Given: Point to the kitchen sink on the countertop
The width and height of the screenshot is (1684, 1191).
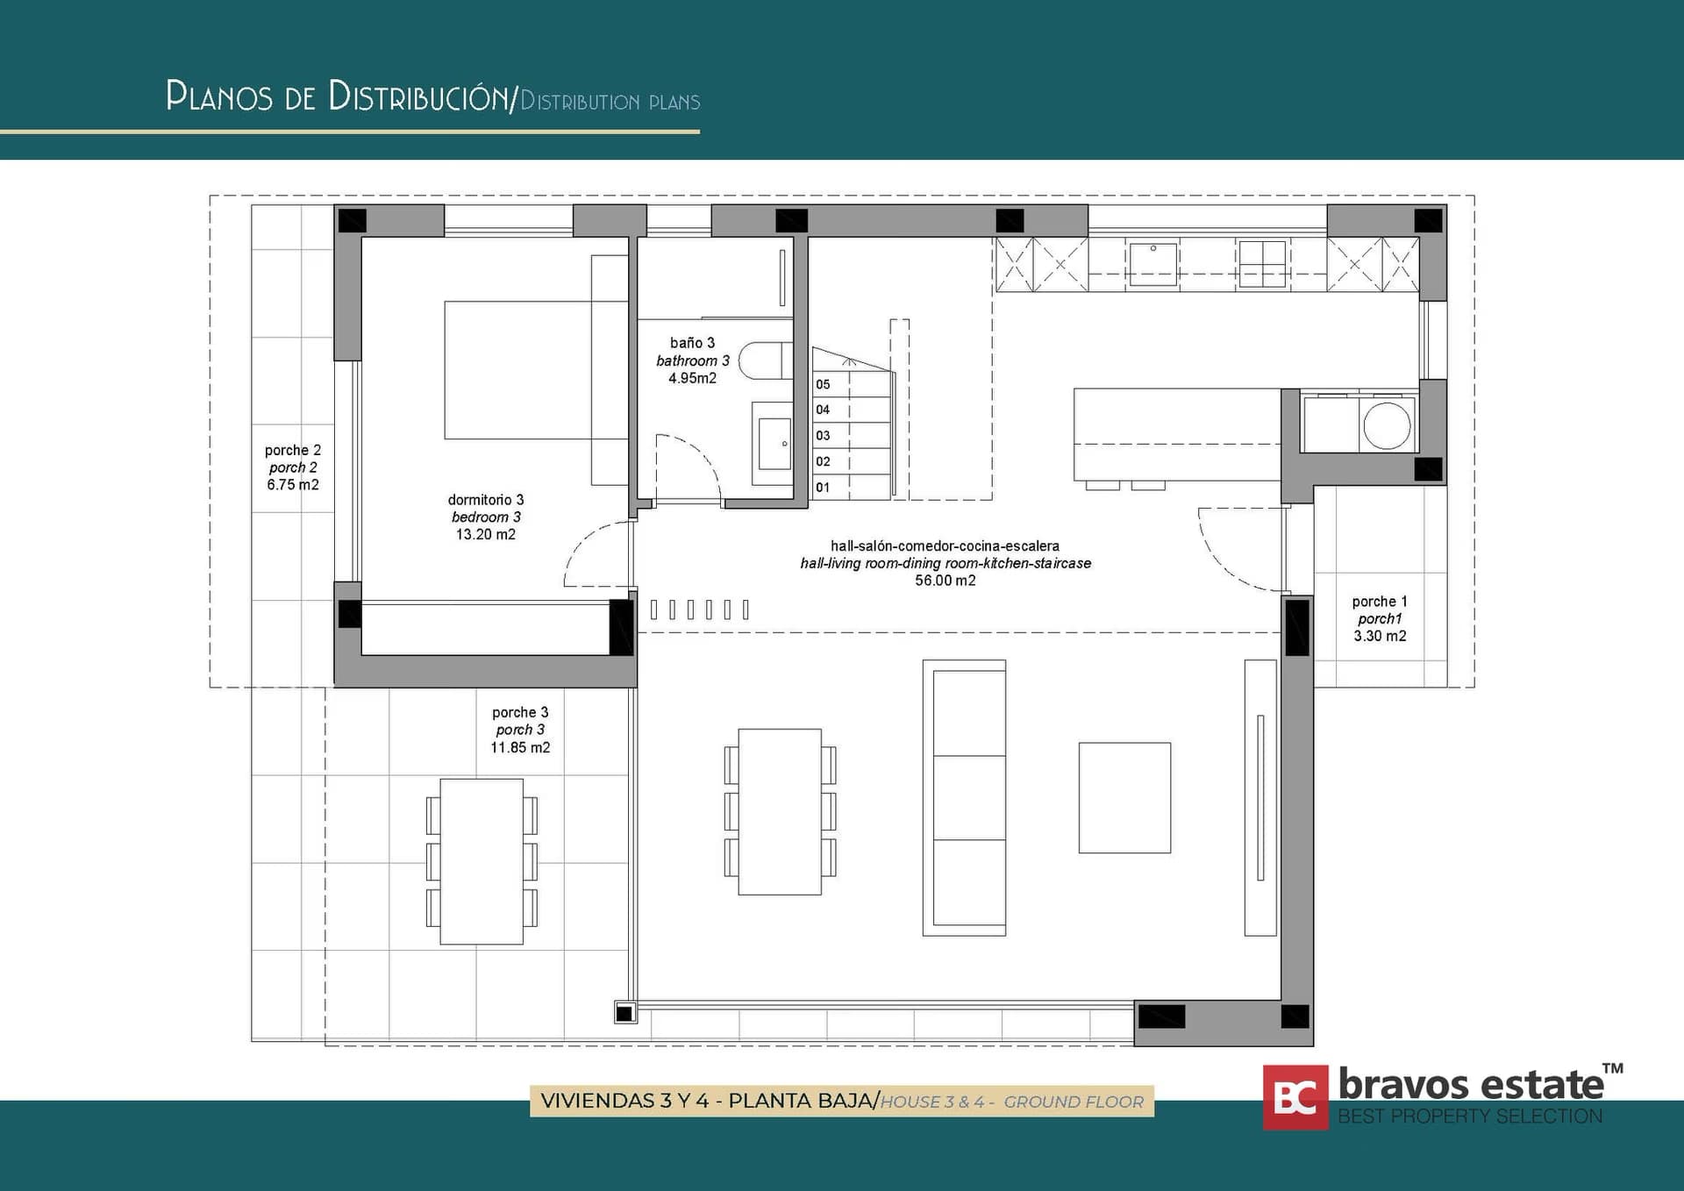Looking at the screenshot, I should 1152,264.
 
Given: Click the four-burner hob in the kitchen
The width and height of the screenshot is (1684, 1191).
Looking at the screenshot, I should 1262,263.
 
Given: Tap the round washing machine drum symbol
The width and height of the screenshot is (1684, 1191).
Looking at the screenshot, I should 1387,425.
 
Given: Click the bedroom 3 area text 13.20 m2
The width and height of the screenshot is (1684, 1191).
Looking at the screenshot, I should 485,534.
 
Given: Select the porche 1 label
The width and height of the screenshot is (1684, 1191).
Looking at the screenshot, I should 1379,602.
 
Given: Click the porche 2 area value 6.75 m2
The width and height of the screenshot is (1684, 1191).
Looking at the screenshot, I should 293,484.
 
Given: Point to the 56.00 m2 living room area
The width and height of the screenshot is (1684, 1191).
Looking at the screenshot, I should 945,581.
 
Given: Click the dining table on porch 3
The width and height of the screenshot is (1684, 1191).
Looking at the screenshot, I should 482,861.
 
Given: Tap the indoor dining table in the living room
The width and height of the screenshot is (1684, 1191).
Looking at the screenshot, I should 780,811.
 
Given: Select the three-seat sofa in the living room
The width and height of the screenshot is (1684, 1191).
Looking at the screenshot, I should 965,798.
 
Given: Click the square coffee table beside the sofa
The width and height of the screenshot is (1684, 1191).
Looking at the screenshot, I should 1124,797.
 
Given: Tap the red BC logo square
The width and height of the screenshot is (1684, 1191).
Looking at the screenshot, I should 1295,1097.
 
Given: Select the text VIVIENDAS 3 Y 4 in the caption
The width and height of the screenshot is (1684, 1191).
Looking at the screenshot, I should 624,1102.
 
